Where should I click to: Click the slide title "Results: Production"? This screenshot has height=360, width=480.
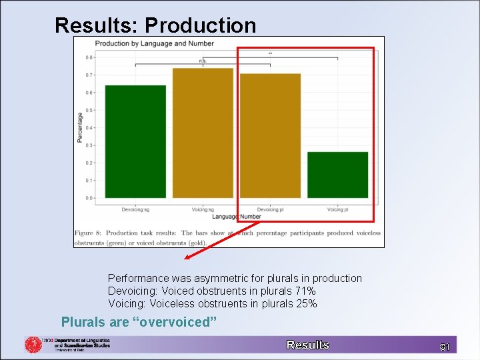[155, 25]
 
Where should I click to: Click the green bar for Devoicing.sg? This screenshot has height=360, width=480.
[135, 141]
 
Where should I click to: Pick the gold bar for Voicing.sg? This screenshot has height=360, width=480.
[203, 133]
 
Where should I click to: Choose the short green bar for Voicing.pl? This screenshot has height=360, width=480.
[337, 175]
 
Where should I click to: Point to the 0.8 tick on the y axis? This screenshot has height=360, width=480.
[89, 57]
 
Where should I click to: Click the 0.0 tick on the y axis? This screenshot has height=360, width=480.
[89, 198]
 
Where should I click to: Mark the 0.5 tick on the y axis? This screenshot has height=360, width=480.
[89, 110]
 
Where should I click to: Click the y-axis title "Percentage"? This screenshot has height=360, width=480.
[80, 127]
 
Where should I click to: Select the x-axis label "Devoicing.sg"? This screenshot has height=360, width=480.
[135, 209]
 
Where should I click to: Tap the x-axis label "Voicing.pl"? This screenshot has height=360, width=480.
[337, 209]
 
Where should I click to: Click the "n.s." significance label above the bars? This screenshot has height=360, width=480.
[203, 61]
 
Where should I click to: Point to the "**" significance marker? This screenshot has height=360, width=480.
[270, 54]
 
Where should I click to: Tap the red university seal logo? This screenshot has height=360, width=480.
[33, 345]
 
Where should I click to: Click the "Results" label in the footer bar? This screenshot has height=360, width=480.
[308, 345]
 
